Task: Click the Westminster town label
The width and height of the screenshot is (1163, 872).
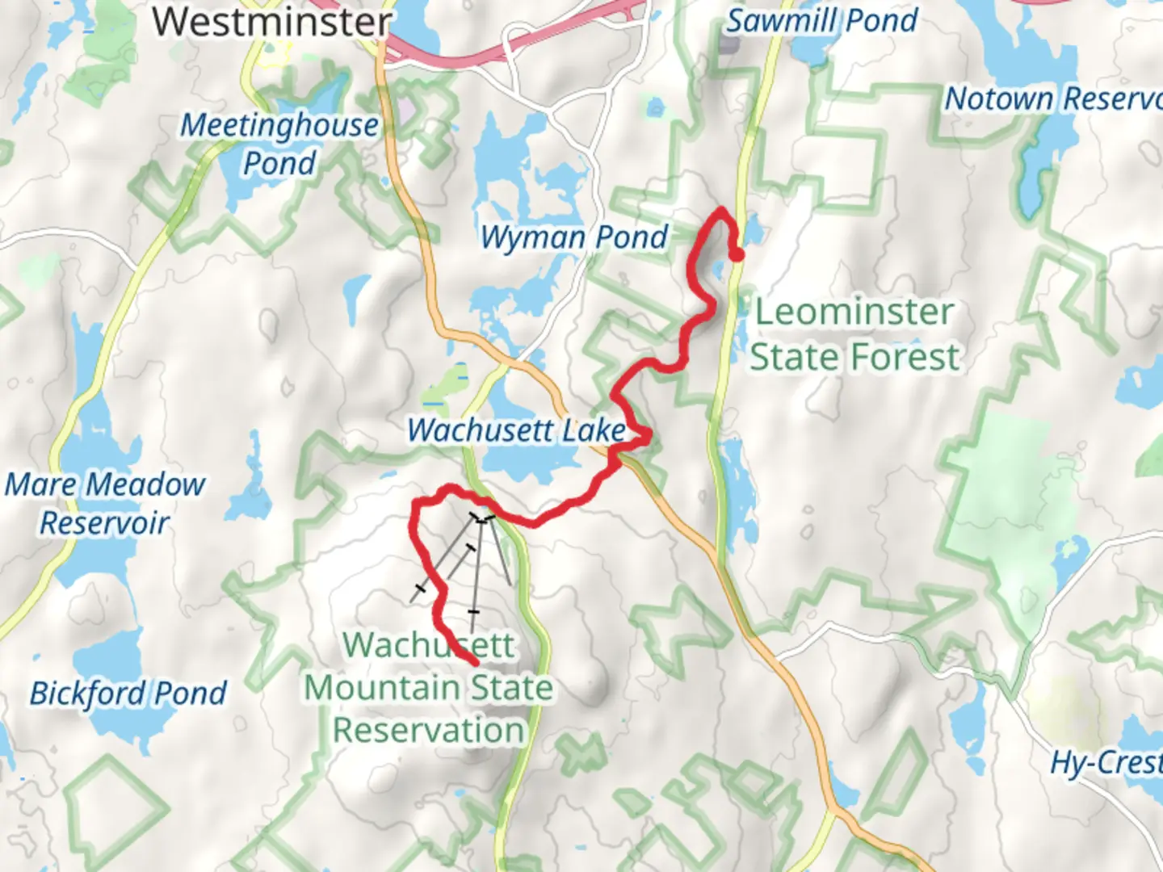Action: tap(272, 22)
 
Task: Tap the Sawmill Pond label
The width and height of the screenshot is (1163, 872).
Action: tap(821, 20)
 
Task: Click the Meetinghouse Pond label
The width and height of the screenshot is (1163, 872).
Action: tap(279, 144)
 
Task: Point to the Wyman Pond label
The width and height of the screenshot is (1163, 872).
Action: tap(574, 237)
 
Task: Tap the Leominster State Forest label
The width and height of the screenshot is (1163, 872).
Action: tap(854, 334)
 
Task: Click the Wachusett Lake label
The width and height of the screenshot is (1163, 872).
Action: tap(517, 430)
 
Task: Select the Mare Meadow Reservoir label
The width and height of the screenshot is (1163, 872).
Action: tap(105, 503)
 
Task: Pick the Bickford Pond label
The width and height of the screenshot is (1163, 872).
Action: tap(128, 694)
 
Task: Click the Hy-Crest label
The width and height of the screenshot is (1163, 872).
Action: tap(1106, 762)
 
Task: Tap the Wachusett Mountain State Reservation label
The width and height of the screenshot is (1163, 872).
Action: tap(429, 687)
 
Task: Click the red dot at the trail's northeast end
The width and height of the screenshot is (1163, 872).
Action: tap(737, 256)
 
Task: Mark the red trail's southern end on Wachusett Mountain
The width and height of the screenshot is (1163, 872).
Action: tap(473, 662)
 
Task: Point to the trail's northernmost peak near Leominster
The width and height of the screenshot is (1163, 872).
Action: tap(721, 210)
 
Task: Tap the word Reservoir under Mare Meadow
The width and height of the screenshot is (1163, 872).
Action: tap(105, 523)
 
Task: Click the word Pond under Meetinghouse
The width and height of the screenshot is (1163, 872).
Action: tap(279, 164)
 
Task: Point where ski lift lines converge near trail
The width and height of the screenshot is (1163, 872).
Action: tap(482, 519)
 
